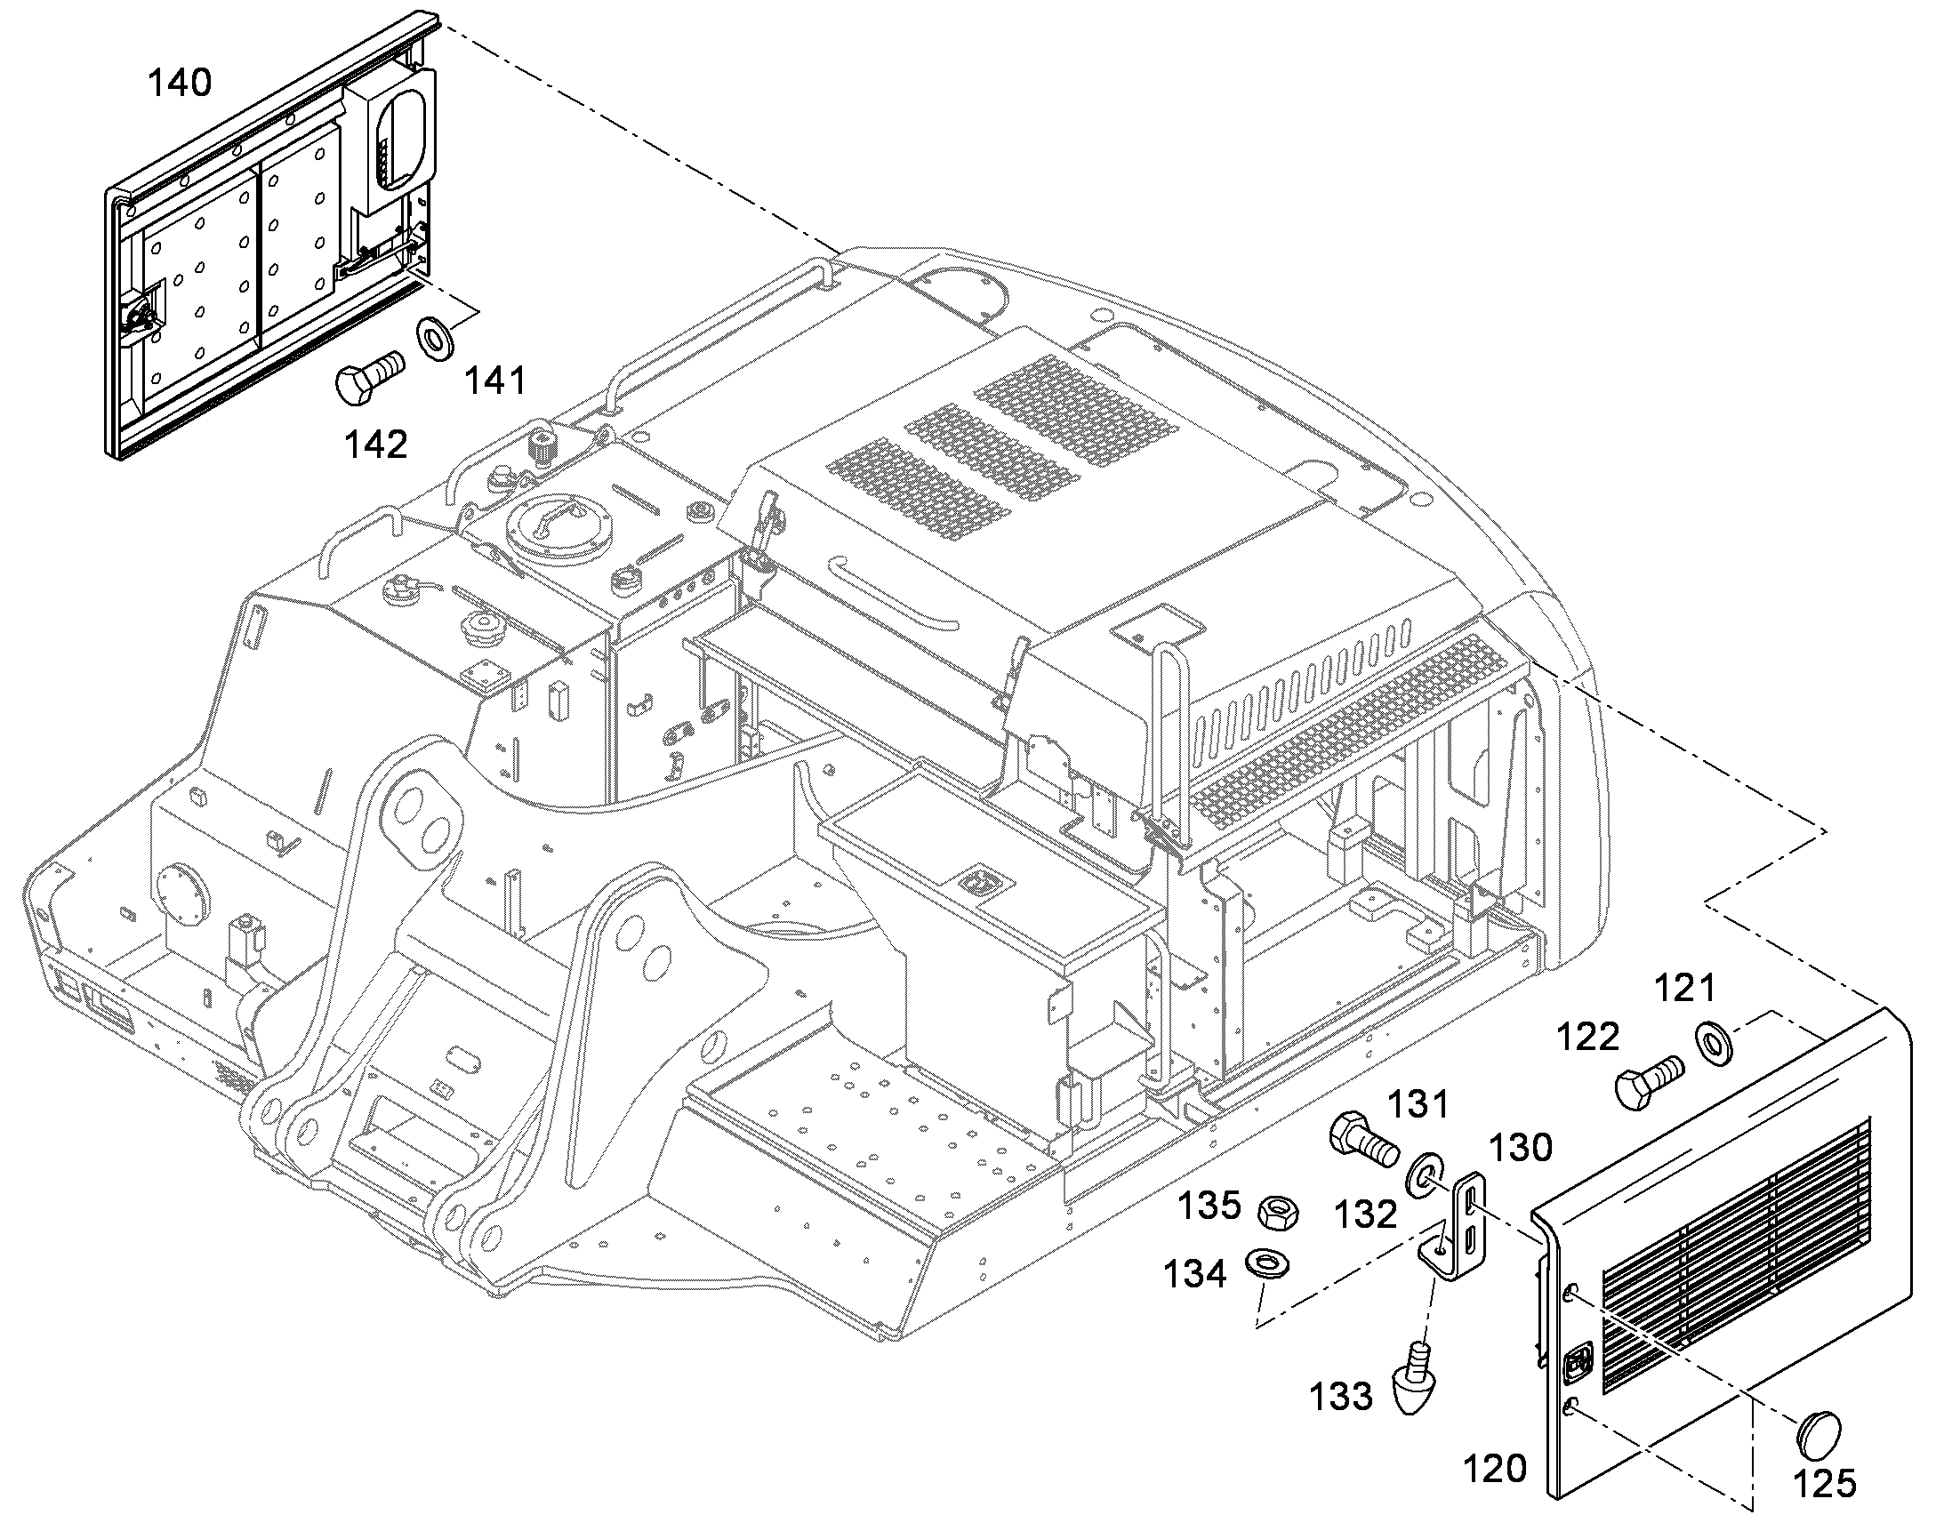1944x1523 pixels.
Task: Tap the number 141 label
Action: (x=496, y=381)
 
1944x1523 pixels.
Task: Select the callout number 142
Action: (x=376, y=443)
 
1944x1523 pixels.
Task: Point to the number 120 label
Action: (x=1496, y=1468)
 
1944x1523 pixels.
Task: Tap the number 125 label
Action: (x=1825, y=1484)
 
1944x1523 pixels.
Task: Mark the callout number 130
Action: (x=1522, y=1147)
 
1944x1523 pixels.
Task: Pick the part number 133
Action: (x=1340, y=1397)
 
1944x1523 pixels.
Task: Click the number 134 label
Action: (x=1195, y=1275)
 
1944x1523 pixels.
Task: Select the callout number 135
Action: (x=1210, y=1206)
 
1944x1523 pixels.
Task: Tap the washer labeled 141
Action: (x=435, y=337)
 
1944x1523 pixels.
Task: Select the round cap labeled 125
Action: (x=1816, y=1433)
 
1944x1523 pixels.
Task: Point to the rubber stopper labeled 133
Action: (x=1413, y=1383)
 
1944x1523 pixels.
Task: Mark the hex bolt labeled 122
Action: (x=1648, y=1082)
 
